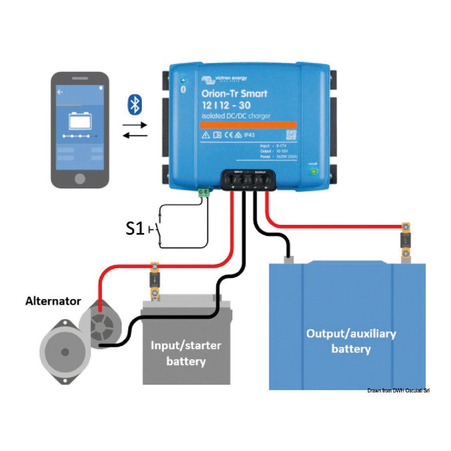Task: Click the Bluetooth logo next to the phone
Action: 134,104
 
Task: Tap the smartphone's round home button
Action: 80,178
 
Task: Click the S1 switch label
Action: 134,228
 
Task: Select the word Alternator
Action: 53,301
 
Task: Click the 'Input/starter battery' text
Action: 186,353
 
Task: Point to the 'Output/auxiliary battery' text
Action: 351,341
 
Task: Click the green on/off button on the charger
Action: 313,171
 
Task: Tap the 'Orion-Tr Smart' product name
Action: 234,93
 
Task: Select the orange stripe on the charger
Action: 248,125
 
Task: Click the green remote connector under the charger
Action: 204,192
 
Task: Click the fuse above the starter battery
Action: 154,280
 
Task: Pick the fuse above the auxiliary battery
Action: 406,240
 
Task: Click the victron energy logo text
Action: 230,78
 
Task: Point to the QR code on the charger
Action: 291,135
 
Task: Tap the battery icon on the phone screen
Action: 80,121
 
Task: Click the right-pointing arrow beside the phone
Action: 134,125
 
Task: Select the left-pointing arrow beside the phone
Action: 134,136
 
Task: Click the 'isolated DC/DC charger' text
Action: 236,116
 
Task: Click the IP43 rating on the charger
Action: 249,135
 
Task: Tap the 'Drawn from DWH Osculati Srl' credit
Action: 398,390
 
